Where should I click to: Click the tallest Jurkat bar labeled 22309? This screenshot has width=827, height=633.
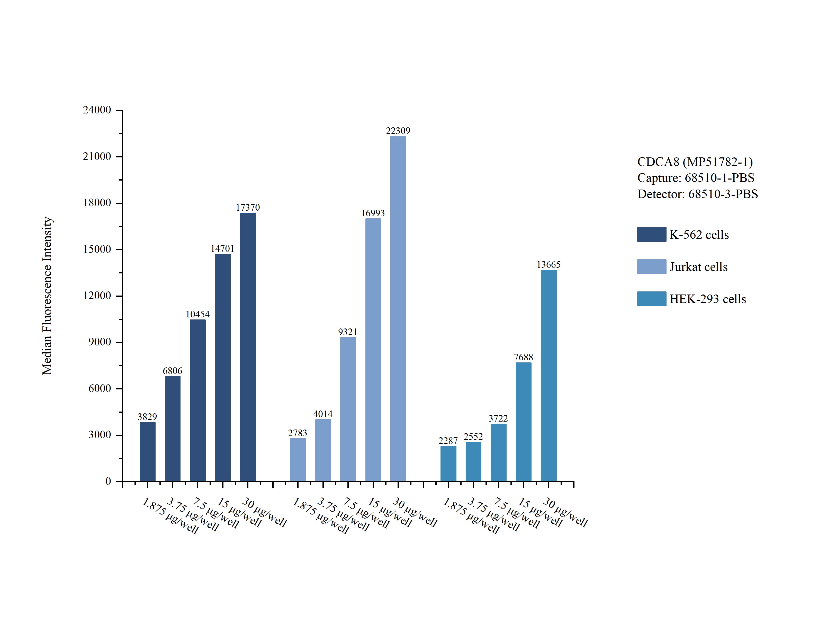click(398, 309)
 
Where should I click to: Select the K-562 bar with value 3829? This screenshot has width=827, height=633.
click(147, 452)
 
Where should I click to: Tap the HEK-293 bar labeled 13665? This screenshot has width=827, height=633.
click(548, 376)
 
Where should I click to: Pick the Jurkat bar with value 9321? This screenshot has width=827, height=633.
click(348, 409)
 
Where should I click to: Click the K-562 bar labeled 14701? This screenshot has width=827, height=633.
click(223, 368)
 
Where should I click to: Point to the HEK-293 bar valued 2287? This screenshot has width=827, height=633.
click(448, 464)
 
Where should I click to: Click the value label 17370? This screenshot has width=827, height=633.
click(248, 207)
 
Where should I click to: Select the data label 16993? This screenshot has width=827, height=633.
click(373, 213)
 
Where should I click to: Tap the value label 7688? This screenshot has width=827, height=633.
click(524, 357)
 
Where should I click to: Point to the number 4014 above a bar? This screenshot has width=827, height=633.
click(323, 414)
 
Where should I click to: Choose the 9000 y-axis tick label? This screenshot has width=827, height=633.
click(100, 342)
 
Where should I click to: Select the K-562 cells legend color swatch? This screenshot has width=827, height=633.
click(652, 234)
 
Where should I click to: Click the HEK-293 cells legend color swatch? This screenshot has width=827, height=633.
click(652, 299)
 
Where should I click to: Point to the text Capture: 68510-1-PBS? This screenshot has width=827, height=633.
click(696, 178)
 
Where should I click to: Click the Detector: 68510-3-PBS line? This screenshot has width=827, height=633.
click(697, 194)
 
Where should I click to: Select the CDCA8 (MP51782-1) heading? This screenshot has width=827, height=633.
click(695, 162)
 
